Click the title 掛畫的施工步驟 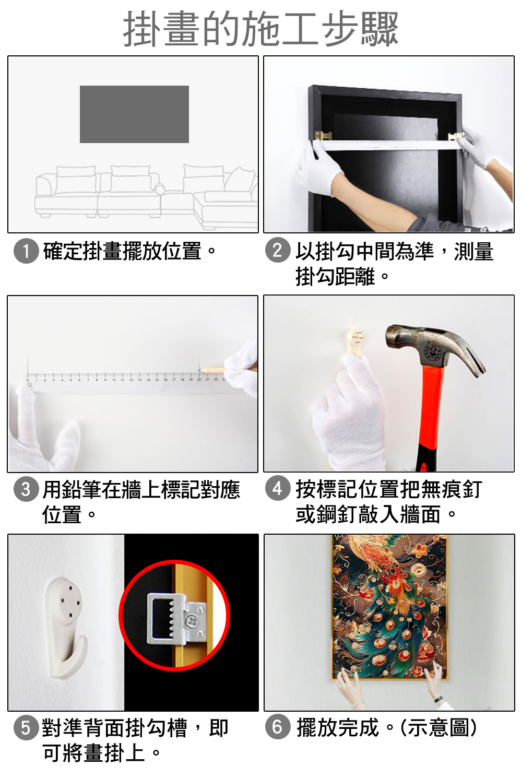pos(260,29)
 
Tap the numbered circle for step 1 pos(26,251)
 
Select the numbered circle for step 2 pos(278,250)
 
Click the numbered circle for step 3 pos(26,489)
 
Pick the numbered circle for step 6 pos(278,727)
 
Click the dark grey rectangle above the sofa pos(134,114)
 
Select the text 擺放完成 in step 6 pos(337,727)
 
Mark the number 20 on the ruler pos(199,379)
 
